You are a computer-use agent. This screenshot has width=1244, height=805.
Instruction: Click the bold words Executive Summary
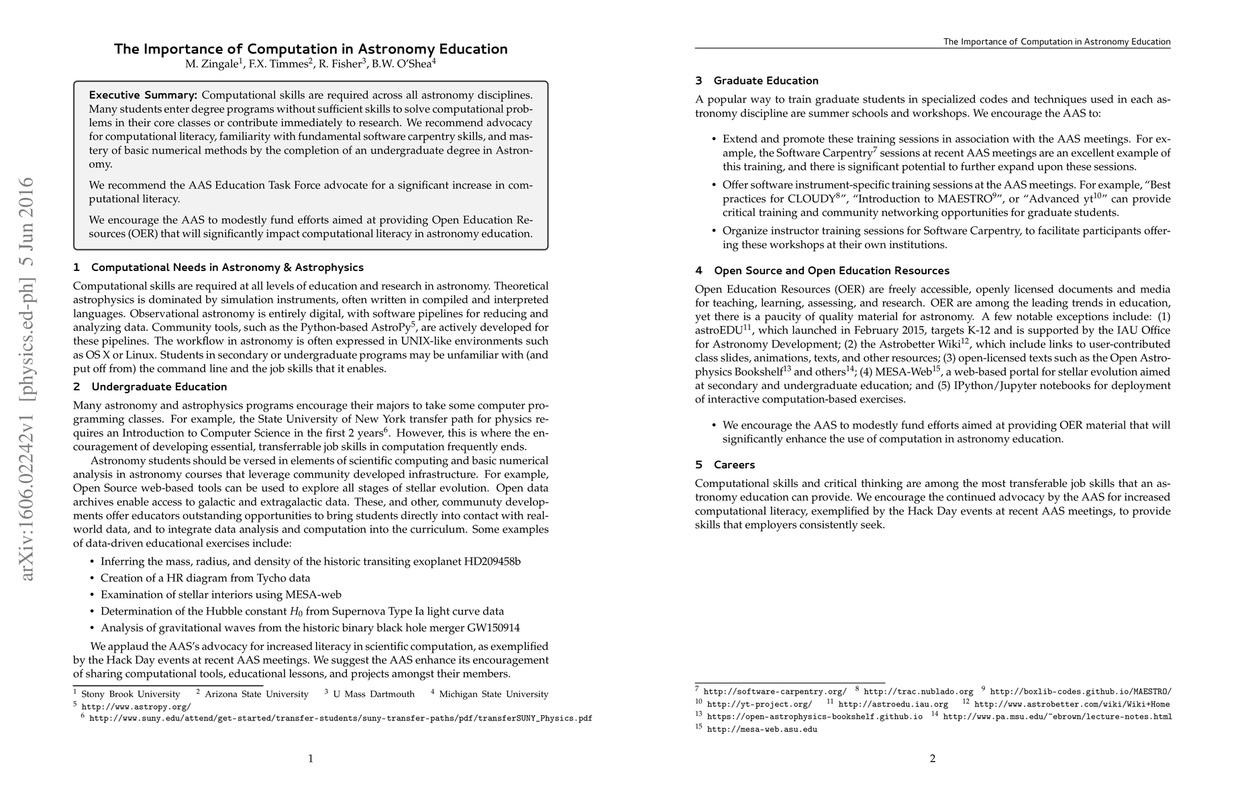pos(143,95)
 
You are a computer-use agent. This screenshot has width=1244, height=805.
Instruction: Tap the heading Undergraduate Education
pos(159,387)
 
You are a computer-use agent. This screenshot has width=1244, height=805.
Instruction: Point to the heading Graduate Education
pos(766,81)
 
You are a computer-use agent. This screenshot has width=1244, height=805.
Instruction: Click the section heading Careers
pos(734,465)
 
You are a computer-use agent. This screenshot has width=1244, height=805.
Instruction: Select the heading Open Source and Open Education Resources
pos(831,271)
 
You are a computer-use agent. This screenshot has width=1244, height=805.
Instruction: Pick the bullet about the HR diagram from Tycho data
pos(205,578)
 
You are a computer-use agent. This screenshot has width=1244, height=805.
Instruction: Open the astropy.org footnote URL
pos(136,706)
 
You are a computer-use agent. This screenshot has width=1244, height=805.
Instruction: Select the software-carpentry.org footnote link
pos(775,692)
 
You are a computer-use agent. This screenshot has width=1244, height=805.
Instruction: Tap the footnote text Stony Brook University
pos(131,694)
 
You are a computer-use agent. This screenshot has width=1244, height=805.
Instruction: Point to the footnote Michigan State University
pos(493,694)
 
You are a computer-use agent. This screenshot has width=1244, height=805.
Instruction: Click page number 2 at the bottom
pos(932,759)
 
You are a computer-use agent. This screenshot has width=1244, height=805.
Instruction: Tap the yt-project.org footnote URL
pos(760,704)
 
